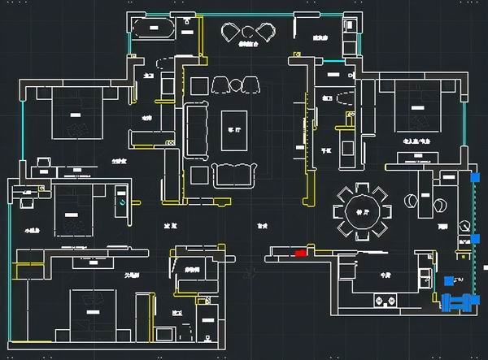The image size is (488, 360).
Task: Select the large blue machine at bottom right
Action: [x=458, y=301]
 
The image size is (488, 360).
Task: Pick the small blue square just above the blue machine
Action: [x=449, y=280]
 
